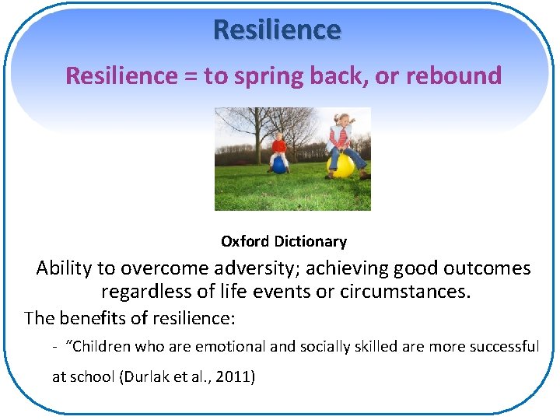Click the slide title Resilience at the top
point(277,30)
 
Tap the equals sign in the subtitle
point(191,76)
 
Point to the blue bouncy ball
point(278,165)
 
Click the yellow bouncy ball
point(343,164)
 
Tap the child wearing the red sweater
point(279,148)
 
